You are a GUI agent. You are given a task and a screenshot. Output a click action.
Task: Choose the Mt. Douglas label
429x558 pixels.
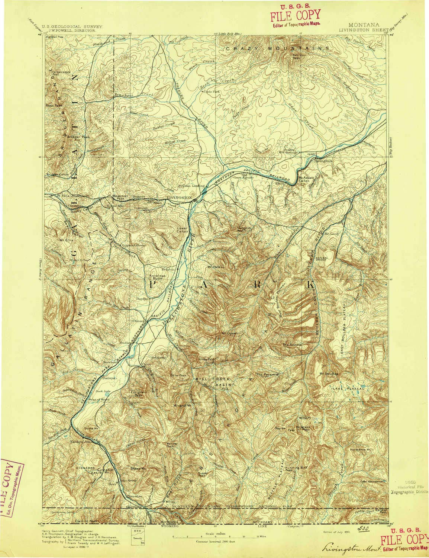(329, 373)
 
